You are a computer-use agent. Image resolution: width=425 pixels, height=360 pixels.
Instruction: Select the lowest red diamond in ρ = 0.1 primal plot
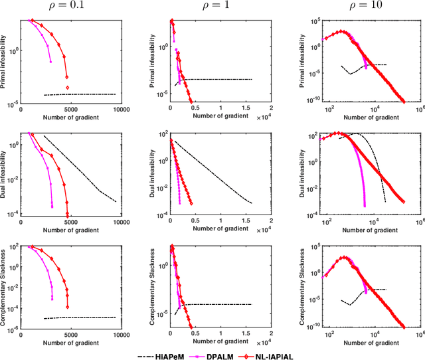tap(66, 87)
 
